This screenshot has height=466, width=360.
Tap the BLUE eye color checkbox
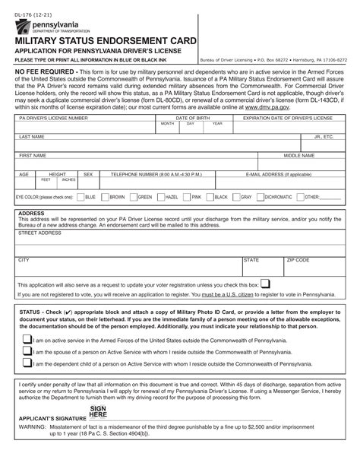[x=81, y=197]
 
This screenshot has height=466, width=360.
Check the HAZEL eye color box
[x=162, y=197]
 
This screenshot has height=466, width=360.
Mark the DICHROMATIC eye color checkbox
[x=261, y=197]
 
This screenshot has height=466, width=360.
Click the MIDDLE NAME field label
[x=299, y=155]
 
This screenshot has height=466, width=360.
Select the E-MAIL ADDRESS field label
[x=278, y=174]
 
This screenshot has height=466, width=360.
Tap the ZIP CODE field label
[x=298, y=260]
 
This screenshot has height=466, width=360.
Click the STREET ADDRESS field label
[x=39, y=233]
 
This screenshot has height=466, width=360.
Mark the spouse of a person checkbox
[x=27, y=352]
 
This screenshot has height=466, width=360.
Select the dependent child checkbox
[x=27, y=364]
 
